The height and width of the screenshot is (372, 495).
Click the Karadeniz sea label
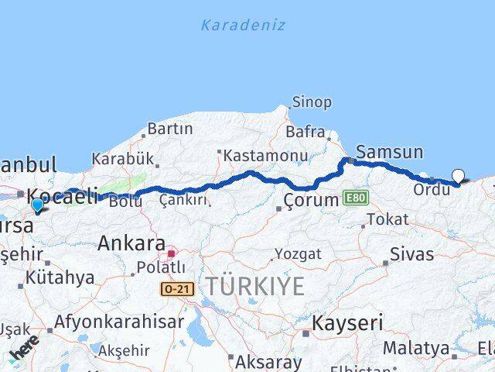[x=243, y=25]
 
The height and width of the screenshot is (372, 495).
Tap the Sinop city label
[x=312, y=102]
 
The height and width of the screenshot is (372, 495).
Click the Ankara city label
[x=131, y=243]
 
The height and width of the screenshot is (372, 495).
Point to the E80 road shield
[x=357, y=199]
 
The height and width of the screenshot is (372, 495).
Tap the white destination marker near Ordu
[x=459, y=177]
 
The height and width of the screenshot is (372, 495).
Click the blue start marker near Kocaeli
[x=37, y=205]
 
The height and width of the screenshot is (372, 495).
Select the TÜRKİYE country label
[x=254, y=286]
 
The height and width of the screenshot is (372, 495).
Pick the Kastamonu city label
[x=254, y=156]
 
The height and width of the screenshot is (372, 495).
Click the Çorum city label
[x=311, y=200]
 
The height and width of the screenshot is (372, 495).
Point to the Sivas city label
[x=411, y=253]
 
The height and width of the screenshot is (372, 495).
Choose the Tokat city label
[x=387, y=220]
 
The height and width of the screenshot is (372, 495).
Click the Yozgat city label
[x=298, y=254]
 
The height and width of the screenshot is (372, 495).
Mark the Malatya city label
[x=415, y=347]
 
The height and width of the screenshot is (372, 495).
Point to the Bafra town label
[x=305, y=132]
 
